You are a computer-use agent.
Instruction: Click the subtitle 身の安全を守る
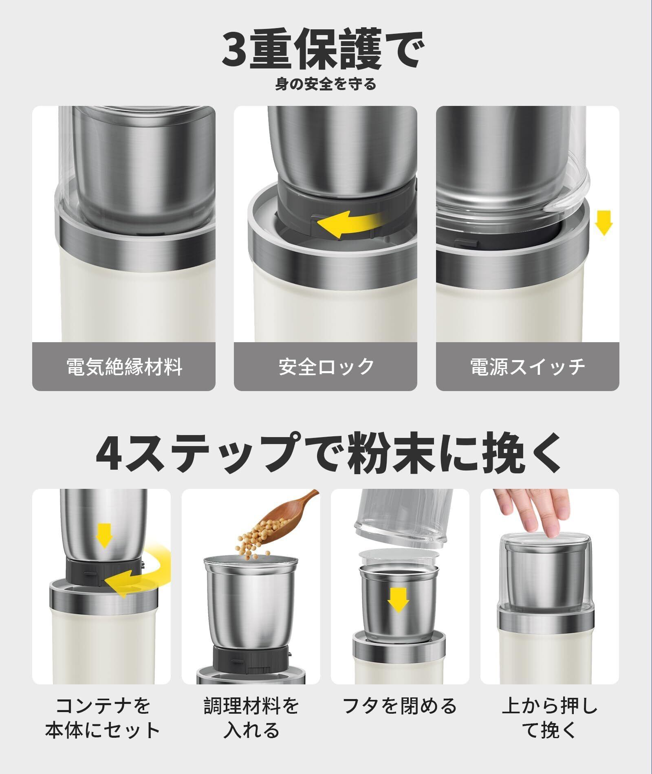click(325, 85)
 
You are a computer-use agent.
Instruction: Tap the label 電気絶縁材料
click(124, 367)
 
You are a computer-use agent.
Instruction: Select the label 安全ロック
click(326, 367)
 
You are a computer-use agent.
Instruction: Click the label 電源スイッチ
click(528, 367)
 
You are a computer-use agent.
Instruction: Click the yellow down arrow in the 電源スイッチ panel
click(604, 222)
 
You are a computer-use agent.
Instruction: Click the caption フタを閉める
click(400, 706)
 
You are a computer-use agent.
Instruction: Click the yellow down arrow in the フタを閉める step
click(398, 600)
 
